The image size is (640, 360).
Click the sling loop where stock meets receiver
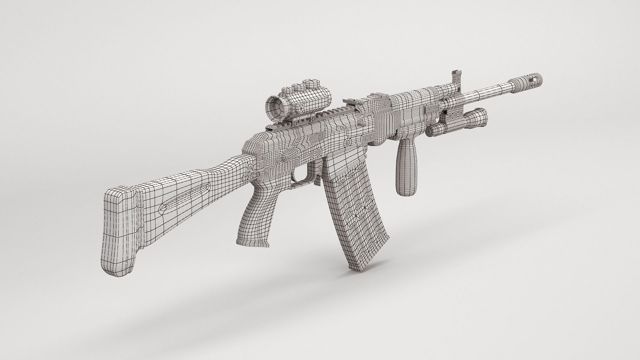252,172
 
